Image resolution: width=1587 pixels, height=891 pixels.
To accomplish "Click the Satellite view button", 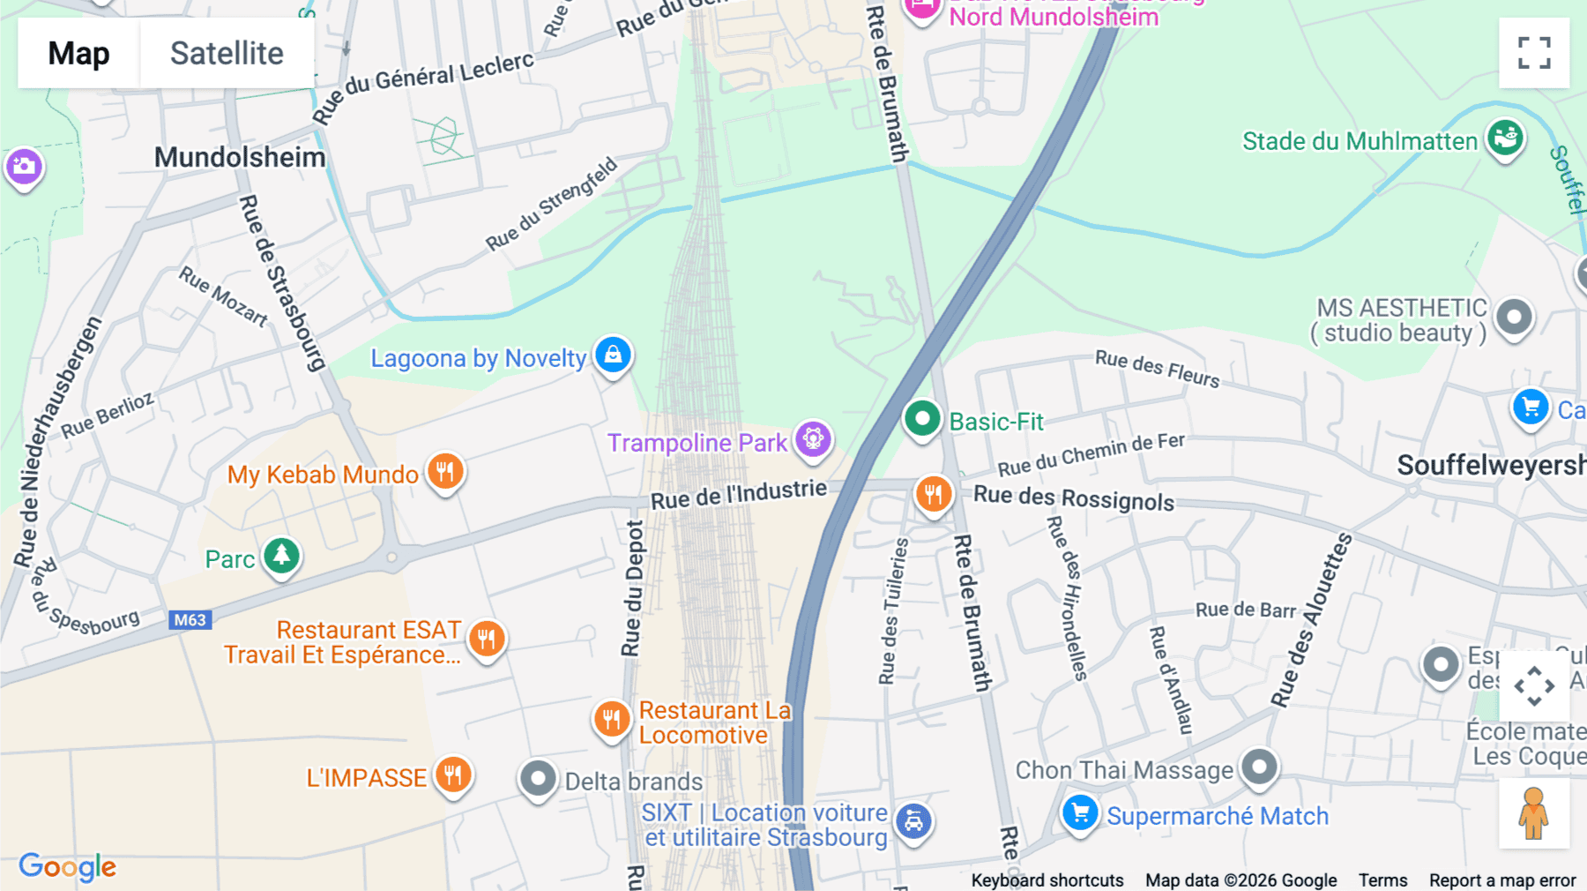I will point(227,53).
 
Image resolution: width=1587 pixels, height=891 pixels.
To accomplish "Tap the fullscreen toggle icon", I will point(1534,53).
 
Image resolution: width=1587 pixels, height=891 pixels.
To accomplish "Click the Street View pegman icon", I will point(1534,813).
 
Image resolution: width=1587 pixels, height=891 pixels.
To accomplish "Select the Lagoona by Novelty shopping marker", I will point(613,356).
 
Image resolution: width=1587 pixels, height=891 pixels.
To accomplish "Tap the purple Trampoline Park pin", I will point(813,438).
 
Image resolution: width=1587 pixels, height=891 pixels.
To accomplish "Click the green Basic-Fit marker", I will point(921,418).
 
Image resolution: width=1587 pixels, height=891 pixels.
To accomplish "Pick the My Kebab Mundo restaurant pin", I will point(445,471).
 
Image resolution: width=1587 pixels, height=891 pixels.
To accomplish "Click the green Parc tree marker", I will point(281,556).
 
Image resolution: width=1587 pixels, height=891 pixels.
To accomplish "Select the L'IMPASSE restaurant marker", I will point(453,775).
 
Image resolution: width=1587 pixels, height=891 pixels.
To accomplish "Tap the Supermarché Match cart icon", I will point(1080,812).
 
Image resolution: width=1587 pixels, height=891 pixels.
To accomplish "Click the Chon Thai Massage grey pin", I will point(1259,767).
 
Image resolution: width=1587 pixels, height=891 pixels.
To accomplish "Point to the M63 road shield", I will point(190,620).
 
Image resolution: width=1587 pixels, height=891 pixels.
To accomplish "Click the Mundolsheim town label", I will point(240,157).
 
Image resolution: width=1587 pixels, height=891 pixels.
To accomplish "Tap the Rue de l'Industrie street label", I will point(739,495).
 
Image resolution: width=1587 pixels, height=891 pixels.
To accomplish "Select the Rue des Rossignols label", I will point(1074,498).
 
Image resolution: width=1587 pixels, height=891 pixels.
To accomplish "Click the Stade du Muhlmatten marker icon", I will point(1505,139).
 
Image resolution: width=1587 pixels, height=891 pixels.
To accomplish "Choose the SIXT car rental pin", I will point(913,821).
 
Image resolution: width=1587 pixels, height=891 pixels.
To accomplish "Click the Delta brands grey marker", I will point(538,779).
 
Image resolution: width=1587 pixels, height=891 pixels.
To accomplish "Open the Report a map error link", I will point(1502,880).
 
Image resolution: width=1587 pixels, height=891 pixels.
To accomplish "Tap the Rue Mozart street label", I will point(223,296).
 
